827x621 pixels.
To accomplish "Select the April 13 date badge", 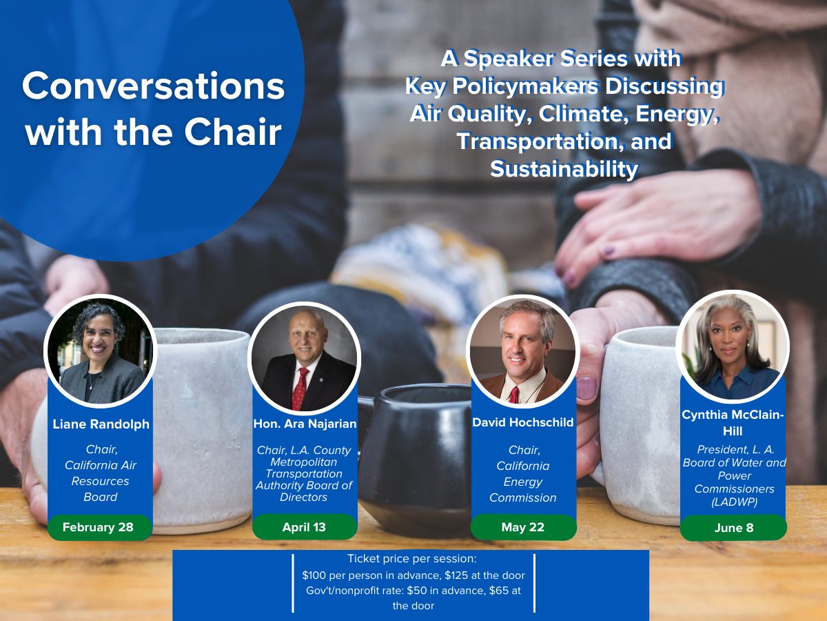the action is (x=305, y=526).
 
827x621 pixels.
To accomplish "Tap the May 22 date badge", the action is (x=523, y=526).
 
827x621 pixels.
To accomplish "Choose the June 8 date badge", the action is (x=733, y=527).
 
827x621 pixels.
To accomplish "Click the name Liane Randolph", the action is (x=101, y=424).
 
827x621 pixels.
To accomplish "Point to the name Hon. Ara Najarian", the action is (x=305, y=424).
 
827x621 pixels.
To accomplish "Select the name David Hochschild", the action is (x=523, y=422).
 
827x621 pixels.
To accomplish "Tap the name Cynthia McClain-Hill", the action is (x=733, y=423).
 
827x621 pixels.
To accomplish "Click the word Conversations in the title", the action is (x=154, y=86).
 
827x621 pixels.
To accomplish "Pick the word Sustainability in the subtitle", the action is (x=564, y=168).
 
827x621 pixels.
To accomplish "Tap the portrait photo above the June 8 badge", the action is (x=733, y=346).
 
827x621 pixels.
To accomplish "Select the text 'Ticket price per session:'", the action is (x=412, y=559).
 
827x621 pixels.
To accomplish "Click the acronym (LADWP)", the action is (x=734, y=502).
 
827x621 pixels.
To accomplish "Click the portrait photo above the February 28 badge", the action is (x=100, y=351).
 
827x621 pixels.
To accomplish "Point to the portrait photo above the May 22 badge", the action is (x=522, y=351).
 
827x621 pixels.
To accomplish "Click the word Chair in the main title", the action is (x=233, y=132).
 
